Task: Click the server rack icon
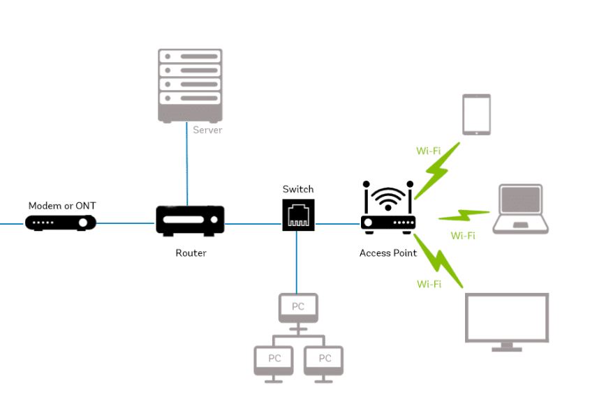pos(190,85)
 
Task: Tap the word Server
pos(207,130)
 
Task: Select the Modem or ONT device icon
pos(61,223)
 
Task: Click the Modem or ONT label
pos(62,206)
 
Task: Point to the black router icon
pos(190,221)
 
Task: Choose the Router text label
pos(191,253)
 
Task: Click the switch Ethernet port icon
pos(298,214)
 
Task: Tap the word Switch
pos(298,189)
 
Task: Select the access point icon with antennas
pos(388,208)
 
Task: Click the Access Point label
pos(388,253)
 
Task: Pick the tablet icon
pos(476,114)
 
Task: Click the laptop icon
pos(520,209)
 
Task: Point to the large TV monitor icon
pos(507,321)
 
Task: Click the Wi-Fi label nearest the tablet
pos(428,151)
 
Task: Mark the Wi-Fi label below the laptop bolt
pos(462,236)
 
